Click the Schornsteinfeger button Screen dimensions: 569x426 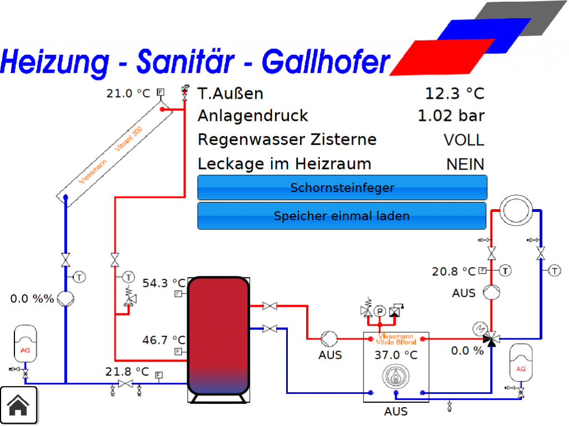pyautogui.click(x=342, y=187)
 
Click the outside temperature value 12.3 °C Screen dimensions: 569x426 pyautogui.click(x=455, y=93)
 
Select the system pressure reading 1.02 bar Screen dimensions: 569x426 pyautogui.click(x=451, y=116)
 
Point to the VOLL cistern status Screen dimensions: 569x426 pyautogui.click(x=464, y=140)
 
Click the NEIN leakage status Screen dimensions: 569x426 pyautogui.click(x=465, y=164)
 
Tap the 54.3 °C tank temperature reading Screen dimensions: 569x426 pyautogui.click(x=164, y=283)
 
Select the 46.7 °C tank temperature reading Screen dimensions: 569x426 pyautogui.click(x=164, y=340)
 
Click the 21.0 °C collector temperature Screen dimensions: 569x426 pyautogui.click(x=128, y=93)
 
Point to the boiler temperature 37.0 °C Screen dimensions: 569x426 pyautogui.click(x=396, y=355)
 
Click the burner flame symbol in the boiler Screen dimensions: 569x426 pyautogui.click(x=396, y=377)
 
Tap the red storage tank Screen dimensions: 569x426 pyautogui.click(x=218, y=336)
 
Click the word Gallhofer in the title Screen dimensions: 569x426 pyautogui.click(x=326, y=62)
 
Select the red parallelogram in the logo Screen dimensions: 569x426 pyautogui.click(x=442, y=57)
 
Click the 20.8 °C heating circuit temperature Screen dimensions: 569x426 pyautogui.click(x=453, y=271)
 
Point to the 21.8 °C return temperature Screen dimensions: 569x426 pyautogui.click(x=127, y=372)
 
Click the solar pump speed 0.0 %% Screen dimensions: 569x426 pyautogui.click(x=32, y=299)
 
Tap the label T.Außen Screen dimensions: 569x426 pyautogui.click(x=231, y=94)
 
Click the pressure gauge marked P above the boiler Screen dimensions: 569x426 pyautogui.click(x=380, y=311)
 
